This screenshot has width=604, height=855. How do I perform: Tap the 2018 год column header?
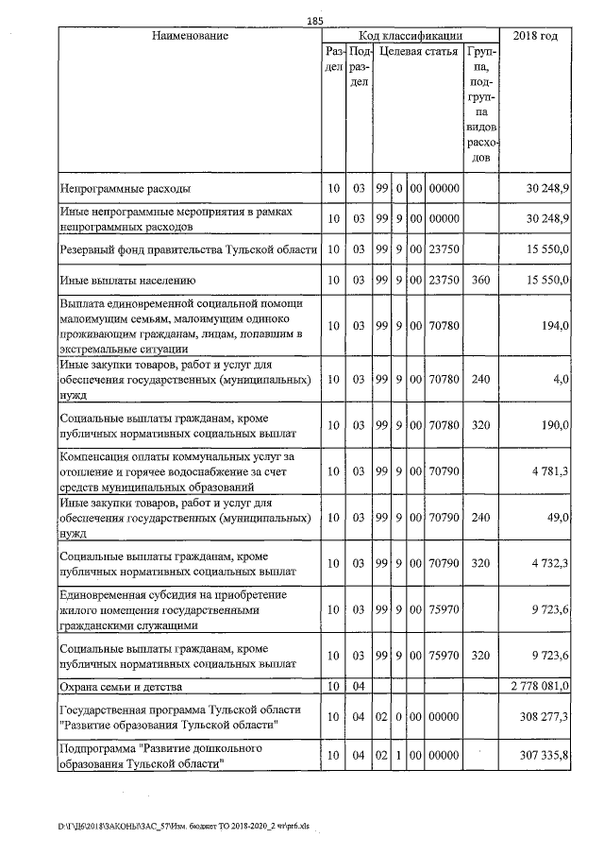[x=534, y=36]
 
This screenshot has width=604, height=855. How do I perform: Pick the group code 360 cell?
[x=481, y=281]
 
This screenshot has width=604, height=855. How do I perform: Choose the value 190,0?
[x=554, y=425]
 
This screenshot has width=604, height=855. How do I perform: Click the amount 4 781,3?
[x=548, y=471]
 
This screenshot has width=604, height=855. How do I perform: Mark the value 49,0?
[x=556, y=518]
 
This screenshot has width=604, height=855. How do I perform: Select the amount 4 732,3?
[x=548, y=564]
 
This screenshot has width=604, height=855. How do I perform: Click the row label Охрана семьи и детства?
[x=128, y=685]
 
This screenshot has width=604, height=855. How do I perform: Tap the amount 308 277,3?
[x=544, y=717]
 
